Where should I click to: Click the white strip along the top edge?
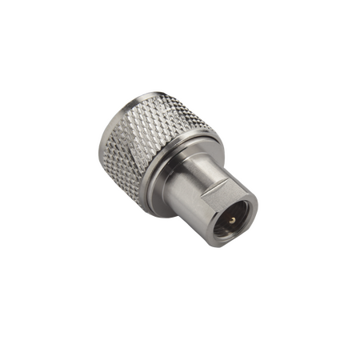180,22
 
